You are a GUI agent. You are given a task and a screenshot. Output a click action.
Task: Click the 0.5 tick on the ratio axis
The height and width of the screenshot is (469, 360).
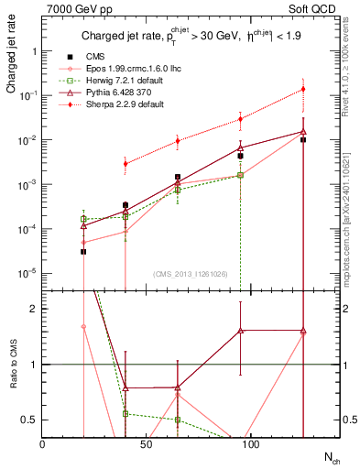click(29, 420)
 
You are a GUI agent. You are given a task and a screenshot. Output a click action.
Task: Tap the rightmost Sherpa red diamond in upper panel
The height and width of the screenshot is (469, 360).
click(303, 89)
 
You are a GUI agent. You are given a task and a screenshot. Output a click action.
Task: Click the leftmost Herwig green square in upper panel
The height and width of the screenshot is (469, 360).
click(83, 219)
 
